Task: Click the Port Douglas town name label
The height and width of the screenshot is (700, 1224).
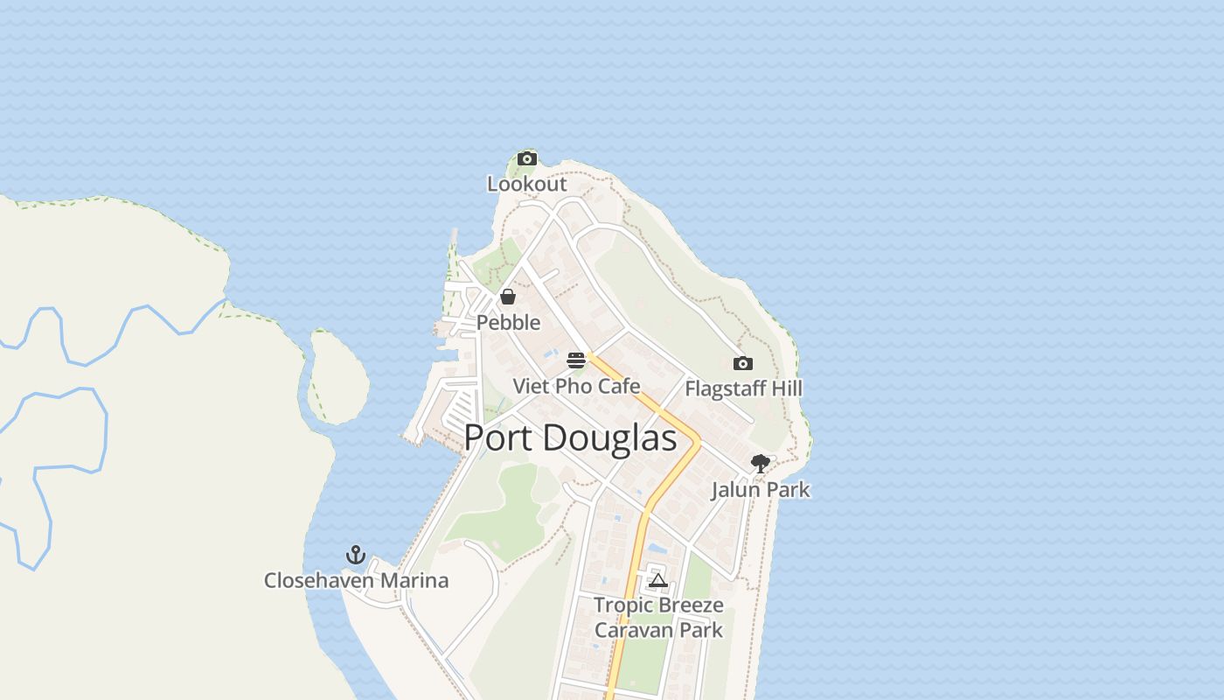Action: (x=570, y=438)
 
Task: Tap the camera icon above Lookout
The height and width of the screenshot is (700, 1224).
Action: (x=526, y=158)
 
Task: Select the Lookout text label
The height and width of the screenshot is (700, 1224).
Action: (x=526, y=185)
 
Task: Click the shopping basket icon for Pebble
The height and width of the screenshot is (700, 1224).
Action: (x=508, y=297)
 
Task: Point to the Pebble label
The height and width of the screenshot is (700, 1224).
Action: (x=508, y=323)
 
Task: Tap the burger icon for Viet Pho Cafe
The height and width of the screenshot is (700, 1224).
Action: (x=575, y=360)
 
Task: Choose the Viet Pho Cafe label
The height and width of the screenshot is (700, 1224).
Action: (x=576, y=386)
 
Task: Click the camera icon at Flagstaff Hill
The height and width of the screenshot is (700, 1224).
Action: (x=742, y=363)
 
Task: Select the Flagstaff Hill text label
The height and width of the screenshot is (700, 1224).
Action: (x=743, y=388)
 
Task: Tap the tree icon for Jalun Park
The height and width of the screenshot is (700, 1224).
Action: (x=760, y=464)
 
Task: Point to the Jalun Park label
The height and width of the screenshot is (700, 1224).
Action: (x=760, y=490)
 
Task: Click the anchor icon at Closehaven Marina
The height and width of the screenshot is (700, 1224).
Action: (x=355, y=555)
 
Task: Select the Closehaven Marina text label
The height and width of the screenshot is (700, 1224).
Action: (x=356, y=580)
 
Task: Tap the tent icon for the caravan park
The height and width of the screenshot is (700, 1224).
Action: (x=657, y=579)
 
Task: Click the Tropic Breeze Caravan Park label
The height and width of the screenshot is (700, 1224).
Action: (x=658, y=617)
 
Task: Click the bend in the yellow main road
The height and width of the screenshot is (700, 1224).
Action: (x=697, y=442)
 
